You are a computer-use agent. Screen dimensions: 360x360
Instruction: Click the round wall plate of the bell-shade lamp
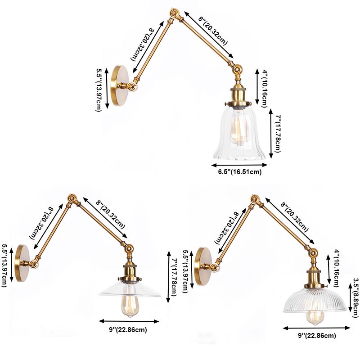pyautogui.click(x=121, y=85)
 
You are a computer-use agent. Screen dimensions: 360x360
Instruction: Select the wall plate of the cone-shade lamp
pyautogui.click(x=22, y=263)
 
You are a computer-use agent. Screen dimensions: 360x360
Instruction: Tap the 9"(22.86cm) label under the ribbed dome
pyautogui.click(x=316, y=336)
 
